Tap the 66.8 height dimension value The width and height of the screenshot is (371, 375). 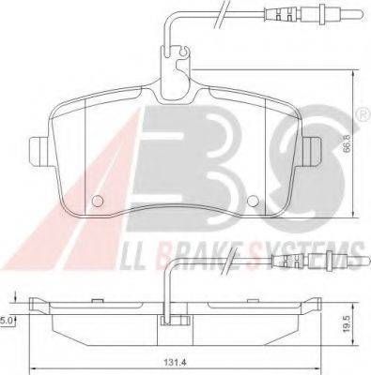pyautogui.click(x=347, y=143)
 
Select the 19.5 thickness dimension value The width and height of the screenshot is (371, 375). pyautogui.click(x=347, y=323)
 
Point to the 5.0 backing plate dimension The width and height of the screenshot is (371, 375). pyautogui.click(x=7, y=321)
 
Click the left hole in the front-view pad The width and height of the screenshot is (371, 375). pyautogui.click(x=98, y=201)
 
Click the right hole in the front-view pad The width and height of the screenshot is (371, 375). pyautogui.click(x=253, y=201)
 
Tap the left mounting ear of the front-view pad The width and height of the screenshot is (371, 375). pyautogui.click(x=39, y=152)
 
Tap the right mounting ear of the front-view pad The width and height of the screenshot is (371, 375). pyautogui.click(x=312, y=152)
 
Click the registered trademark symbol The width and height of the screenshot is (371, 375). pyautogui.click(x=365, y=115)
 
